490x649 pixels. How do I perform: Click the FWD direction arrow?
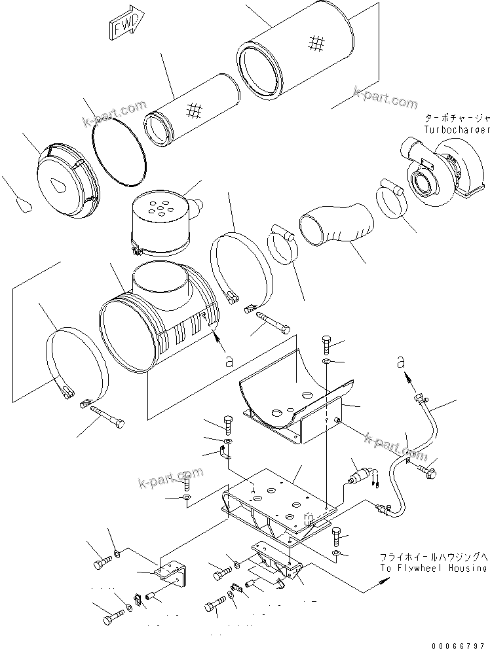pos(123,27)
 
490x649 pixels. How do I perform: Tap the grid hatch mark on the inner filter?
pos(194,110)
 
